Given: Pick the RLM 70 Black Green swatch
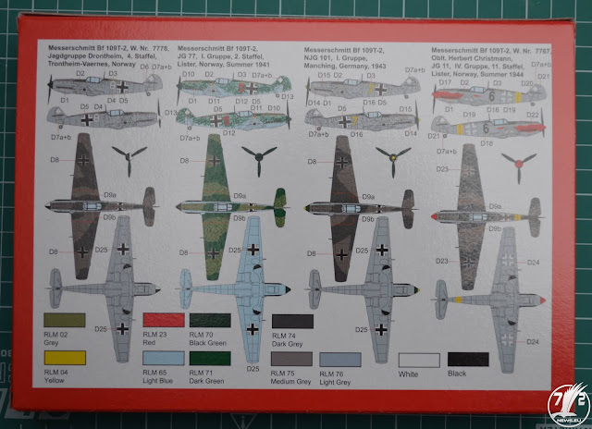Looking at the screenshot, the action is (x=210, y=320).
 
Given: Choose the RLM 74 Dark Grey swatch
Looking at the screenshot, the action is (x=293, y=321).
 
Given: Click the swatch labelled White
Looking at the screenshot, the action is (x=419, y=359).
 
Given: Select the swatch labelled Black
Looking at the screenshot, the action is (x=469, y=359).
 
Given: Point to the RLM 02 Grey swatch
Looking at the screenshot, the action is (x=62, y=320).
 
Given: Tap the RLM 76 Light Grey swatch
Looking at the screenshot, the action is (x=339, y=359).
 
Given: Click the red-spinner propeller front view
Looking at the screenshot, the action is (x=521, y=165).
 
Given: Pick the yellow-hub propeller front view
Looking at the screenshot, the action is (x=398, y=155).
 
